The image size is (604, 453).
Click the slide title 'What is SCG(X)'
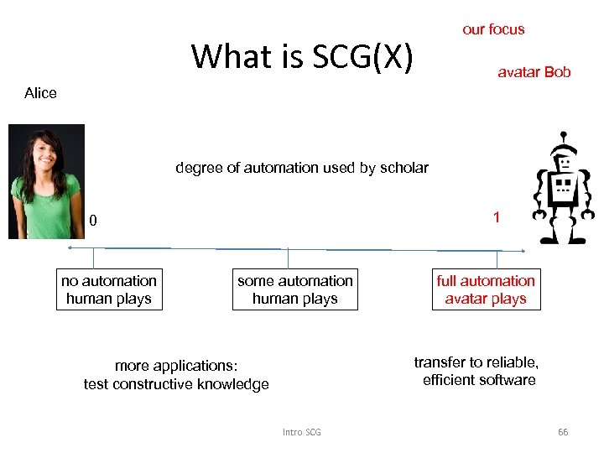pos(302,57)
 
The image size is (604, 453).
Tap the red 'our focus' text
pos(493,29)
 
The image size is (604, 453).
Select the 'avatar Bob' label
pos(534,72)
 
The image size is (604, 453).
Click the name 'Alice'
pos(40,93)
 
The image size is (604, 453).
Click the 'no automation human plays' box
pos(109,289)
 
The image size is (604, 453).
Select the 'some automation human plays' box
pos(294,289)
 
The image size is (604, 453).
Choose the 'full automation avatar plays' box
pos(486,289)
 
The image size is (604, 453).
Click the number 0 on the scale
pos(94,221)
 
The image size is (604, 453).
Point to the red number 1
pos(497,217)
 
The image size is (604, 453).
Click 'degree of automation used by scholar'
pos(301,168)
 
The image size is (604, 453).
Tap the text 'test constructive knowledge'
pos(176,384)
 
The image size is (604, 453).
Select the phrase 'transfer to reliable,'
pos(476,362)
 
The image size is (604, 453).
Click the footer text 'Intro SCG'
pos(301,432)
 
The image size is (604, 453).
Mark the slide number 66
pos(563,432)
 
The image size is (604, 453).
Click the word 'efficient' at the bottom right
pos(449,380)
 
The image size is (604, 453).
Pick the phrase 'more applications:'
pos(176,367)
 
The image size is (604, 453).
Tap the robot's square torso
pos(561,191)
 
